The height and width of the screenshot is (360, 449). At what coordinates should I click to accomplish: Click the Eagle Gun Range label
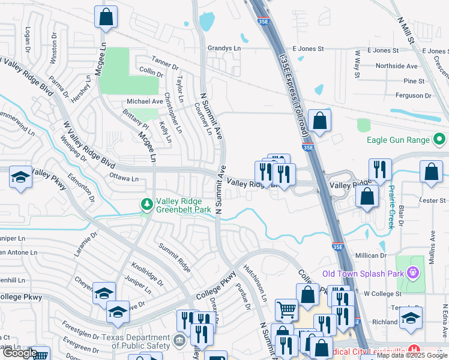pyautogui.click(x=398, y=140)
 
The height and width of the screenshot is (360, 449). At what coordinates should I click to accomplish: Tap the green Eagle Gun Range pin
pyautogui.click(x=440, y=140)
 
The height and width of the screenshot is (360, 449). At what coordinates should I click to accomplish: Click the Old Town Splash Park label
pyautogui.click(x=363, y=274)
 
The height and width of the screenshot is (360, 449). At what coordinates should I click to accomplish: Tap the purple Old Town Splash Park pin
pyautogui.click(x=412, y=274)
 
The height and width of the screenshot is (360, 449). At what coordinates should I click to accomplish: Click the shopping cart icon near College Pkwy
pyautogui.click(x=286, y=310)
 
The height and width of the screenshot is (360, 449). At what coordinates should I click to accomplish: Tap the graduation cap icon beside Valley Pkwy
pyautogui.click(x=21, y=178)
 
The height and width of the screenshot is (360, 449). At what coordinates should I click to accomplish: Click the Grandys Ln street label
pyautogui.click(x=224, y=48)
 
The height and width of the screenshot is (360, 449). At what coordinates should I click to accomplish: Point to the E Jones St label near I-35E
pyautogui.click(x=308, y=49)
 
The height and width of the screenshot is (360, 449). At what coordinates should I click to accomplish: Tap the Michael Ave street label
pyautogui.click(x=144, y=101)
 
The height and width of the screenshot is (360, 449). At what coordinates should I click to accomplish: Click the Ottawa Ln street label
pyautogui.click(x=124, y=178)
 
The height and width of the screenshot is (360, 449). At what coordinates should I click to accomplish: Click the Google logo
pyautogui.click(x=20, y=353)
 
